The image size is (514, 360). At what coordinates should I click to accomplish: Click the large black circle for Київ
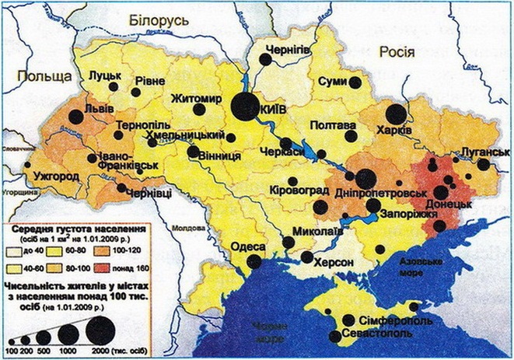245,106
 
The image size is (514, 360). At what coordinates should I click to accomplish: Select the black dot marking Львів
75,117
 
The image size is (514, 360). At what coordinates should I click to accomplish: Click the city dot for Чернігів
265,59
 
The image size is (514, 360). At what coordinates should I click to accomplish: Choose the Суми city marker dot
355,82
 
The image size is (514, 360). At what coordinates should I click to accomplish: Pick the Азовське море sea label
419,269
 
